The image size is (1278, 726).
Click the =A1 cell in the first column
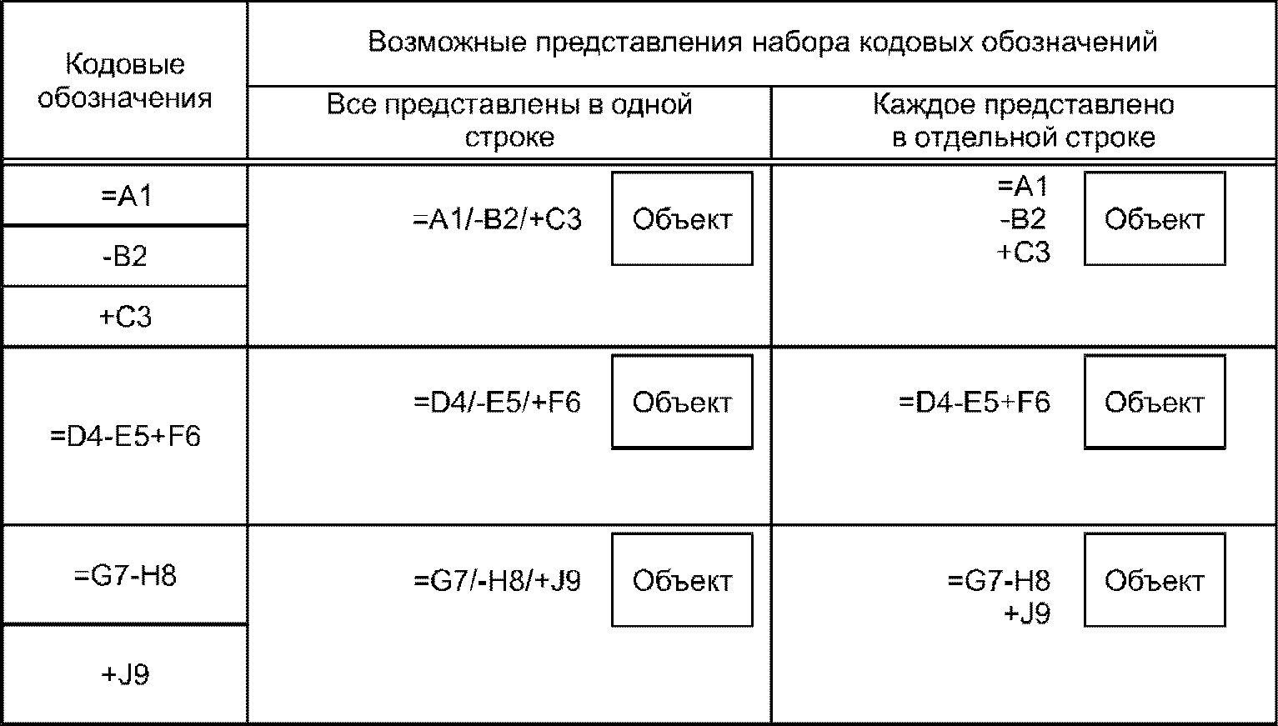[x=126, y=196]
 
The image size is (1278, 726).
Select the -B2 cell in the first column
[x=126, y=256]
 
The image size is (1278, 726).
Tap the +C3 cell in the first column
[x=126, y=317]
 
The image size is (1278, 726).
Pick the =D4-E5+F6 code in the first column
[x=126, y=436]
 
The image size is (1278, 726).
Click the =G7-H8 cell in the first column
[x=126, y=576]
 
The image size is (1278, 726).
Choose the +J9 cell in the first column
[x=126, y=673]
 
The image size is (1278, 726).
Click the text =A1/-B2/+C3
[x=497, y=219]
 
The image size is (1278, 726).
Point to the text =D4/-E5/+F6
[x=497, y=403]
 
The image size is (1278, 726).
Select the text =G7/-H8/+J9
[x=497, y=580]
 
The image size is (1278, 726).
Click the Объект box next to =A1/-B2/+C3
[x=682, y=219]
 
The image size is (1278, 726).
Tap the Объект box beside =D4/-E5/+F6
[x=682, y=403]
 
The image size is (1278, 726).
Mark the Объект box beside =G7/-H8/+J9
[x=682, y=580]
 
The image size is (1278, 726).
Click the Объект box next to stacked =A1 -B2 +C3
[x=1155, y=219]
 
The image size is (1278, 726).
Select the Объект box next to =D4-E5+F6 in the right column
[x=1155, y=403]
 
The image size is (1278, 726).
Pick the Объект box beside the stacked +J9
[x=1155, y=580]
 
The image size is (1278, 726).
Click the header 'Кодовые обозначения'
[x=125, y=81]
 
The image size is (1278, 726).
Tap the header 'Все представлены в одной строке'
[x=509, y=121]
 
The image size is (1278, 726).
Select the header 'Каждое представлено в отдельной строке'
[x=1024, y=121]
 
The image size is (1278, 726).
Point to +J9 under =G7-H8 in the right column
[x=1027, y=614]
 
